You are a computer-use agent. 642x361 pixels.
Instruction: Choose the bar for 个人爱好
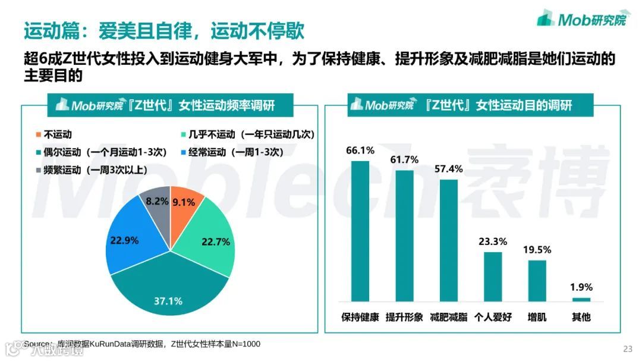point(493,276)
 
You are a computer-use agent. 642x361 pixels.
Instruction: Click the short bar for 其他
point(581,299)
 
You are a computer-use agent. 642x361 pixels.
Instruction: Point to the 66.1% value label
point(360,150)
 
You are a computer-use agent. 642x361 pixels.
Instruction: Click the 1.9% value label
point(581,287)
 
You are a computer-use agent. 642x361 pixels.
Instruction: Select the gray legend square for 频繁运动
point(39,169)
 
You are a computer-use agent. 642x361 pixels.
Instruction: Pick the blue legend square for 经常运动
point(184,152)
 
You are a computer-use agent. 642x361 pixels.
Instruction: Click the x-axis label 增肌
point(537,317)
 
